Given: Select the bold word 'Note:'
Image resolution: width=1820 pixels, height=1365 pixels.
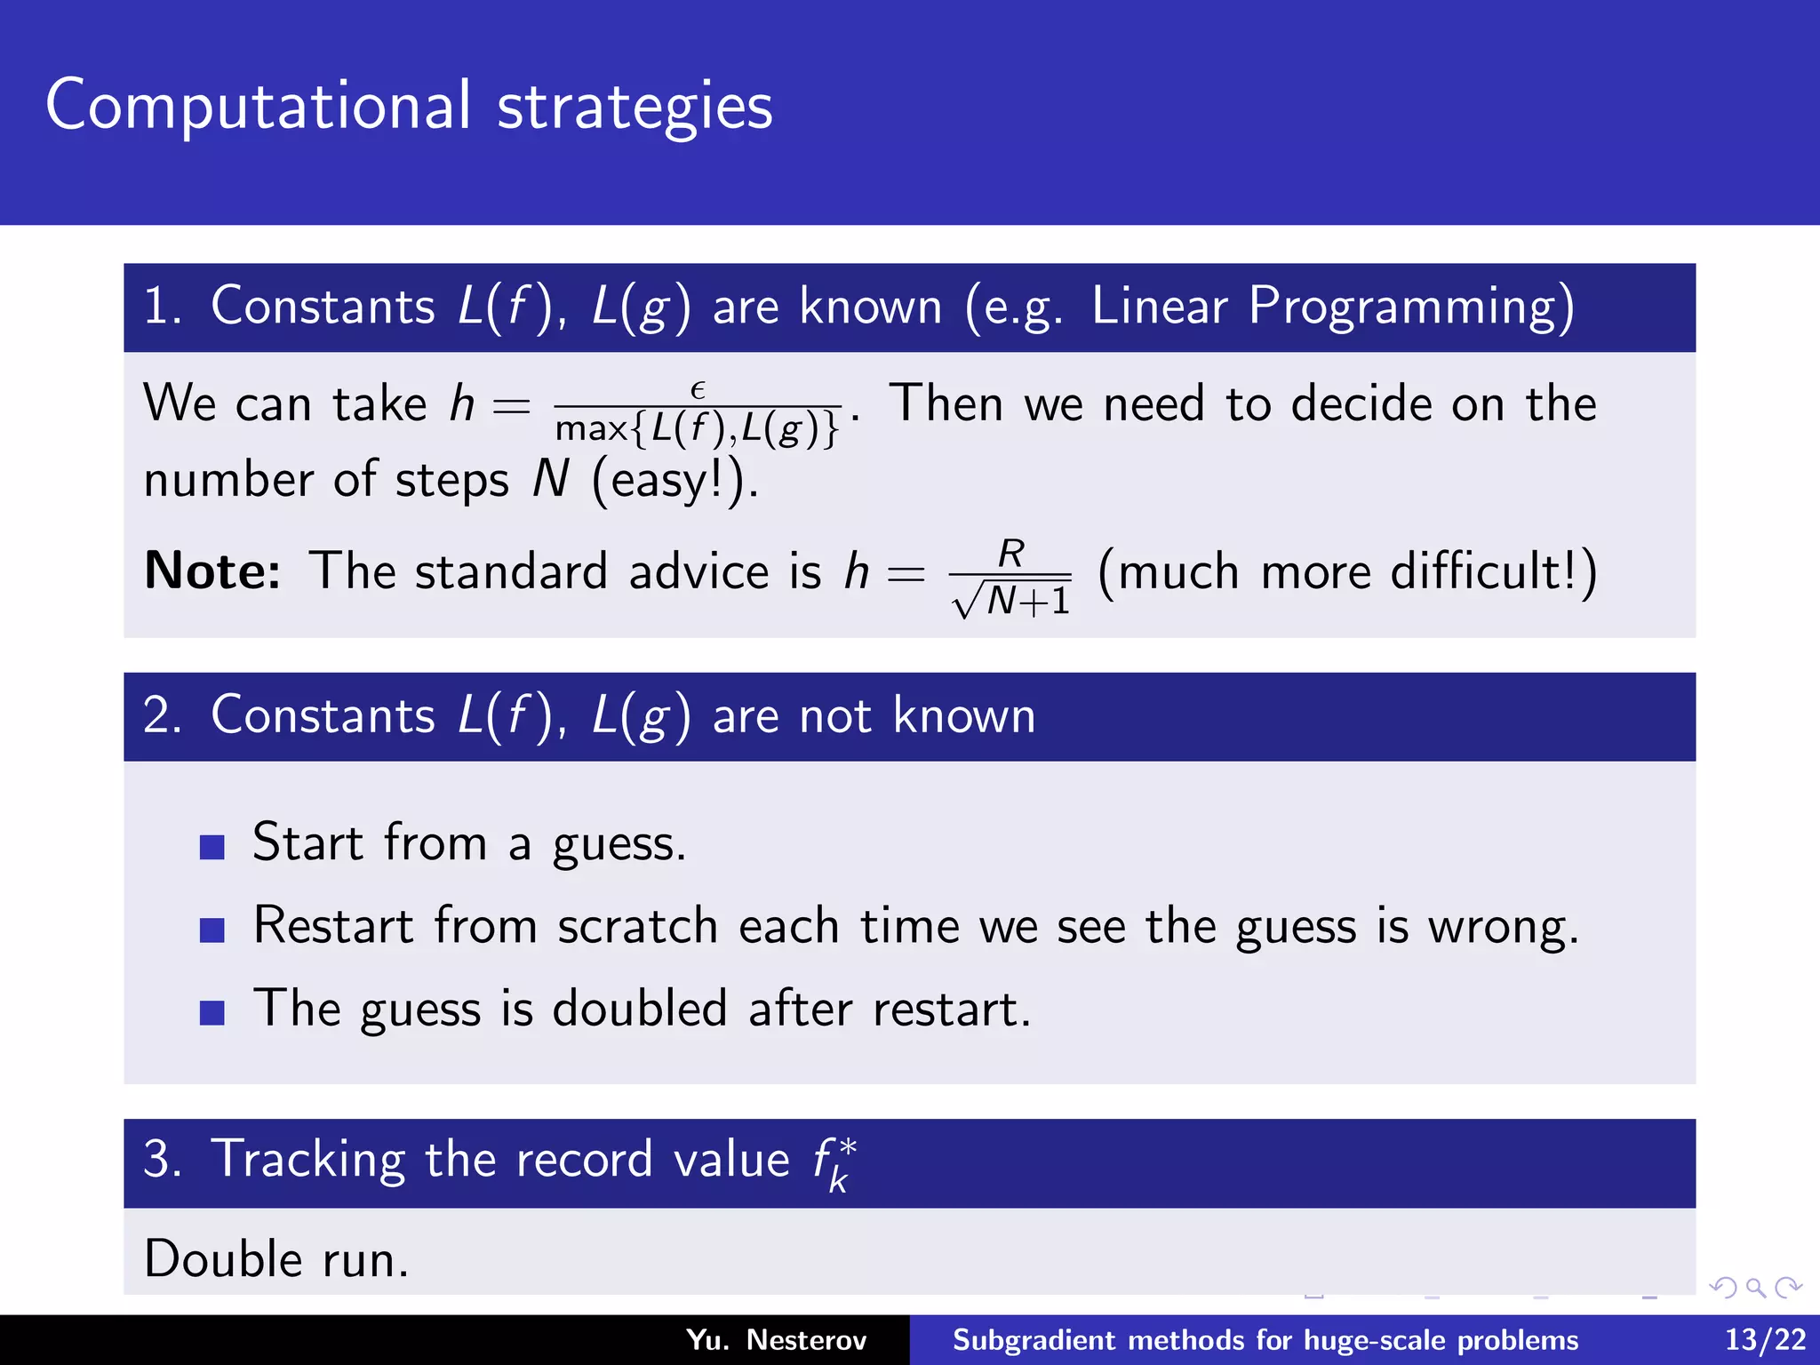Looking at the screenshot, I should coord(212,571).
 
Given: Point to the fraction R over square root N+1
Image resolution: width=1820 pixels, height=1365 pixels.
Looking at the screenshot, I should coord(1011,578).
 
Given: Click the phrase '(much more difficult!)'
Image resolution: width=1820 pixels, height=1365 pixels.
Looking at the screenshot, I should coord(1347,571).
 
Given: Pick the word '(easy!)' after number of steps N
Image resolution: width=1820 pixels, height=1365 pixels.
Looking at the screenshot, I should coord(673,481).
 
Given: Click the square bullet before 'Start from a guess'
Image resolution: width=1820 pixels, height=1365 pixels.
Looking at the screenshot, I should coord(212,847).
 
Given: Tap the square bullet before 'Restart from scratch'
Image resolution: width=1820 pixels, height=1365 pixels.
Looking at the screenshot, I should coord(212,930).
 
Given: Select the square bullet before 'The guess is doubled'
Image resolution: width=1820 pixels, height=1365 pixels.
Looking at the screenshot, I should coord(212,1012).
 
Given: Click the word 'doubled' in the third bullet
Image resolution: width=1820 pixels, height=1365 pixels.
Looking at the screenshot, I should coord(640,1010).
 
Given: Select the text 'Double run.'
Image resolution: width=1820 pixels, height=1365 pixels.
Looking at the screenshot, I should coord(276,1260).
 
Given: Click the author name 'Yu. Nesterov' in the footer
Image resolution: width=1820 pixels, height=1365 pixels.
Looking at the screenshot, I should coord(776,1340).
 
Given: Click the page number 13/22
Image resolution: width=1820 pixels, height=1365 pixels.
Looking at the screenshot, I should coord(1765,1340).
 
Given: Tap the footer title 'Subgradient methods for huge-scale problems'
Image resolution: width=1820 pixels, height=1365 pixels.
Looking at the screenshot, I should coord(1265,1340).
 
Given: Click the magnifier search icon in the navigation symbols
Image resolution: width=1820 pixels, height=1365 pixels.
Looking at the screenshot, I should coord(1755,1288).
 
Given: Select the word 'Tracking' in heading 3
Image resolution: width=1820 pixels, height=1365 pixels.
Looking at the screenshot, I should coord(308,1161).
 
